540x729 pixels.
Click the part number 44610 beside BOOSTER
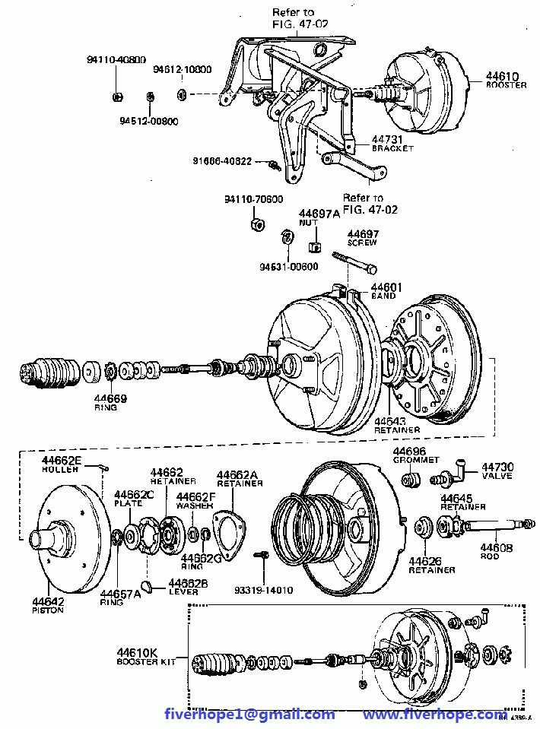click(x=502, y=76)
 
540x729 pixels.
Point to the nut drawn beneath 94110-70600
click(x=257, y=224)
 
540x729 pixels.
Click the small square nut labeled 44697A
click(x=313, y=246)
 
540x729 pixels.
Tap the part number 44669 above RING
click(x=111, y=398)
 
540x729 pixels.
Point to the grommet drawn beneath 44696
click(x=411, y=480)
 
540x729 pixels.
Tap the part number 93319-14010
click(x=263, y=590)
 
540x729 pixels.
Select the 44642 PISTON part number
click(x=48, y=601)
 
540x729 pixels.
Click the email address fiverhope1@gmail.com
click(x=250, y=715)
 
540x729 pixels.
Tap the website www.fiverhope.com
click(x=434, y=715)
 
